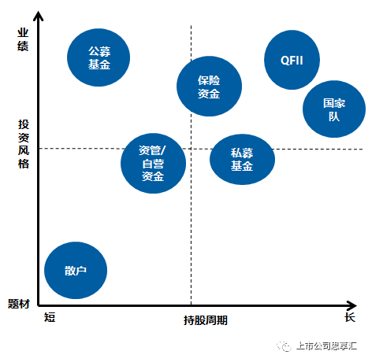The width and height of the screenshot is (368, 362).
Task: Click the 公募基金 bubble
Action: pyautogui.click(x=99, y=57)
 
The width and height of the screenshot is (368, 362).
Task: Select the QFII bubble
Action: pyautogui.click(x=292, y=60)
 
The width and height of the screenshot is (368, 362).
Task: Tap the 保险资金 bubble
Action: pyautogui.click(x=209, y=87)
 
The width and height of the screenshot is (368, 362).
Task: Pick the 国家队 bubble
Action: pyautogui.click(x=334, y=109)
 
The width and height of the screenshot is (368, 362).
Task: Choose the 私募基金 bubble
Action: pyautogui.click(x=242, y=160)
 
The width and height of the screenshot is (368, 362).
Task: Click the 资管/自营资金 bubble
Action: pyautogui.click(x=153, y=164)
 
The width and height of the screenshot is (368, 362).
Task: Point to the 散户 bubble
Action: pyautogui.click(x=76, y=270)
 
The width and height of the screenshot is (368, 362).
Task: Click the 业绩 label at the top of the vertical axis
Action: pyautogui.click(x=23, y=39)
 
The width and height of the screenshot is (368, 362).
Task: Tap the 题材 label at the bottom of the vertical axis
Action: pyautogui.click(x=19, y=304)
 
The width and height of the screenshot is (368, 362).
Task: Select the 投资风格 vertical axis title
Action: pyautogui.click(x=24, y=144)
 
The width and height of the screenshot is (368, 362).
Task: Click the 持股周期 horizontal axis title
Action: pyautogui.click(x=206, y=320)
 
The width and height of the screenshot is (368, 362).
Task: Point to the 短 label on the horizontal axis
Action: pyautogui.click(x=50, y=317)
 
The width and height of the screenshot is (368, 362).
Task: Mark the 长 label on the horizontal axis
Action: pyautogui.click(x=350, y=317)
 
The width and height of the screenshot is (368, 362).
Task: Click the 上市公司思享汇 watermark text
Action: pyautogui.click(x=326, y=346)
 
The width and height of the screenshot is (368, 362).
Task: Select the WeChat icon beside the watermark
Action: pyautogui.click(x=284, y=346)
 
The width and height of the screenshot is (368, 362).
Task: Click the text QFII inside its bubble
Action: pyautogui.click(x=292, y=61)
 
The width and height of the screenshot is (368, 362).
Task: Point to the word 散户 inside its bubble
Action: pyautogui.click(x=76, y=271)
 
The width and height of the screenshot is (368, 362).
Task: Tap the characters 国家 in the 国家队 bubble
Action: pyautogui.click(x=334, y=103)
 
